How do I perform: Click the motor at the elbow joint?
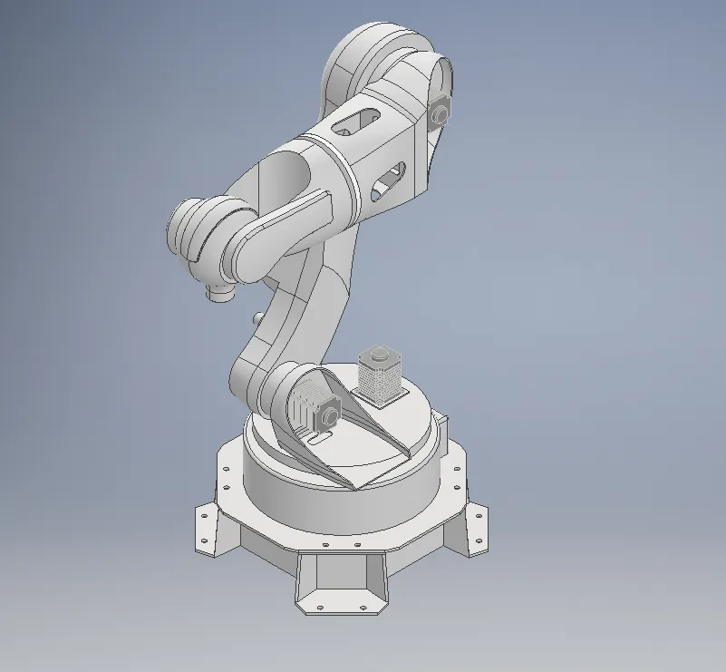[440, 112]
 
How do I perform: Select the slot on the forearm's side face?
[389, 180]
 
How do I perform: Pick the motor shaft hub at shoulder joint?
[329, 416]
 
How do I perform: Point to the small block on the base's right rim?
[442, 422]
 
